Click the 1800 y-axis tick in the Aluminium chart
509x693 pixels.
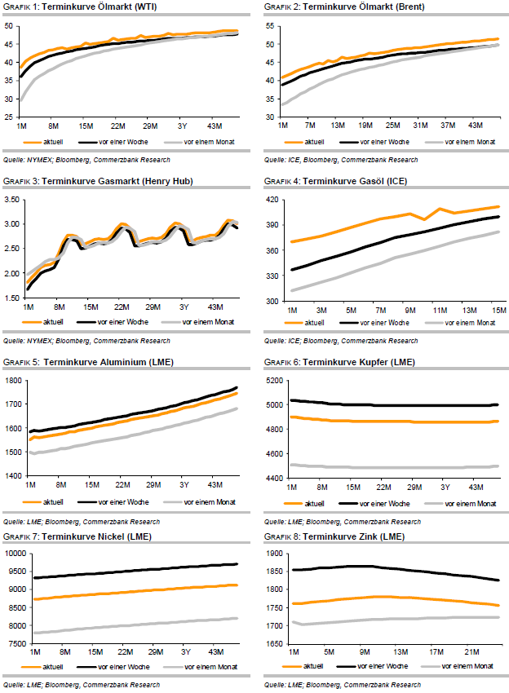(14, 381)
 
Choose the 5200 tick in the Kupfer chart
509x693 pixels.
(272, 381)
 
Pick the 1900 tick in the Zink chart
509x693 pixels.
(272, 554)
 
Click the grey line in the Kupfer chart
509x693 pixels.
(383, 467)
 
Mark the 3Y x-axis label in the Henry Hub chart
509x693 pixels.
(183, 307)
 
